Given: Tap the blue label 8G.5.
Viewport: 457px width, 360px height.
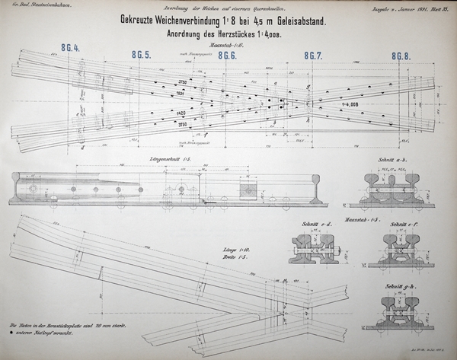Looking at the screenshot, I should tap(141, 55).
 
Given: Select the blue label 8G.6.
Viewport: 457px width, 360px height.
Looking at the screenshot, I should tap(228, 56).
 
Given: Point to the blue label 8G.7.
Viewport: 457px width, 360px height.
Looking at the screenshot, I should tap(314, 56).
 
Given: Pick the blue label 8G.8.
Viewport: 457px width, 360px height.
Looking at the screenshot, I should tap(401, 56).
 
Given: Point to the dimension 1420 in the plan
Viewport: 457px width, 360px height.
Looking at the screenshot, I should tap(181, 113).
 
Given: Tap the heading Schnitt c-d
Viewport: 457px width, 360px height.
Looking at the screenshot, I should tap(307, 225).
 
